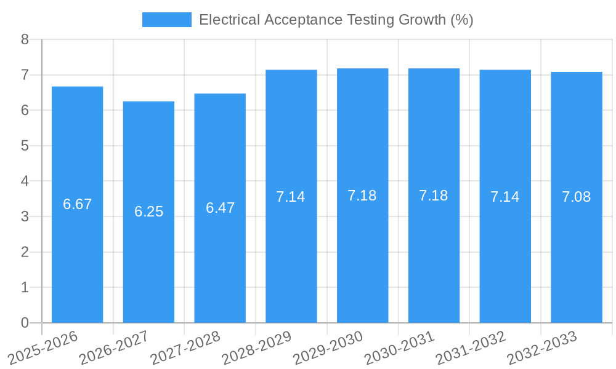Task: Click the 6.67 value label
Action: pos(77,204)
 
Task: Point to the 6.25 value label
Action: pos(148,212)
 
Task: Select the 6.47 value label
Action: pos(220,208)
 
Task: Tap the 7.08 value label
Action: pos(577,197)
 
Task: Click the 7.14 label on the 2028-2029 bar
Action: pos(291,197)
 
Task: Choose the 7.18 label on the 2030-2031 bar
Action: pos(434,196)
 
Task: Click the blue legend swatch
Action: pos(166,20)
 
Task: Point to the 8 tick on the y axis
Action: pos(25,39)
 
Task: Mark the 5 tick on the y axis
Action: pos(25,146)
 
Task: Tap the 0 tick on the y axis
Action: pos(25,323)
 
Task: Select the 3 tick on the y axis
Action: pos(25,216)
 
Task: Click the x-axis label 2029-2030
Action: pos(328,347)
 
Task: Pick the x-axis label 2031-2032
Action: pos(471,347)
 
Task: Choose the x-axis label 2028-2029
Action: pos(257,347)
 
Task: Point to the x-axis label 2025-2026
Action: pos(43,347)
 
